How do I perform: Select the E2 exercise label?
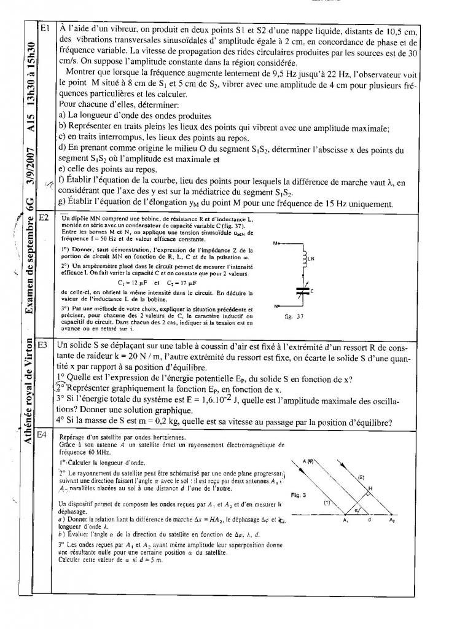tap(44, 217)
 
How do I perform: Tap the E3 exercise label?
tap(44, 345)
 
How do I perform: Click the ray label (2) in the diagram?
tap(361, 477)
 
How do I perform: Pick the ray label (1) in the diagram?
tap(328, 502)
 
